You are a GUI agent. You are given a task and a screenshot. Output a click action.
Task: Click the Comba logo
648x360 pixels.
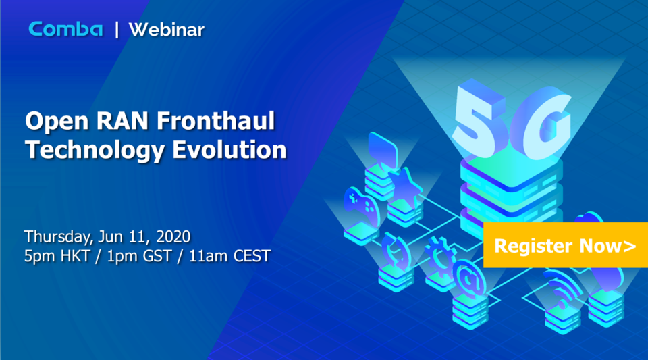click(65, 29)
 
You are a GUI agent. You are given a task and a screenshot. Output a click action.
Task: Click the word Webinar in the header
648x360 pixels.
click(166, 30)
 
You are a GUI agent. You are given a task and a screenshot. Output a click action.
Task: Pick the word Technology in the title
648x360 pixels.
click(94, 149)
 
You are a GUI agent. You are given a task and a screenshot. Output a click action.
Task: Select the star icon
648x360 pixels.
click(404, 184)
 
